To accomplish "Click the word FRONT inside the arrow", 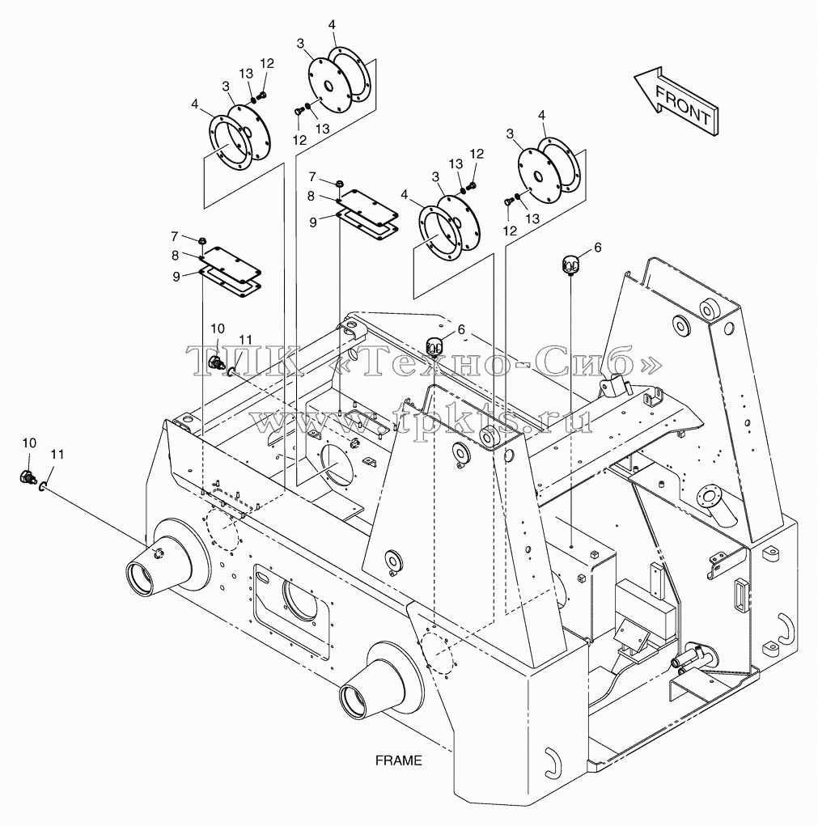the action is tap(683, 105).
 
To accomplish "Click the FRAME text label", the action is tap(399, 760).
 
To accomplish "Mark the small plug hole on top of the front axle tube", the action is tap(158, 552).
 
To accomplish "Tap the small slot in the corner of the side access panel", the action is tap(263, 578).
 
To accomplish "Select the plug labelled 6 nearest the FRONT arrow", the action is tap(570, 262).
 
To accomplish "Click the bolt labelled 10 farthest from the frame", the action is tap(27, 477).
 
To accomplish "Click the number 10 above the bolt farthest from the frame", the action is tap(29, 443).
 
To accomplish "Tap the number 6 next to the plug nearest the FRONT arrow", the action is tap(597, 248).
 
